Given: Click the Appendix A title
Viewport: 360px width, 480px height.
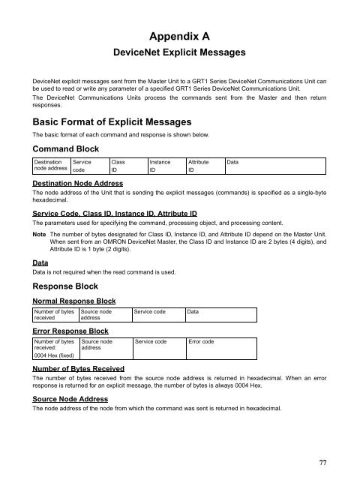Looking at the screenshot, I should click(179, 35).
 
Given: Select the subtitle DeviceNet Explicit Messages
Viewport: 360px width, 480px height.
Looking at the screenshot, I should click(179, 53).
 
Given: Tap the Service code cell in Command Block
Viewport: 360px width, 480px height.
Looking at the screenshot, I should click(82, 166).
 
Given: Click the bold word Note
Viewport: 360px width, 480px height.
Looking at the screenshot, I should click(40, 235).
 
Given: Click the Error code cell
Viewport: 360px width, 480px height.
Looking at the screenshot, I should click(202, 341).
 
